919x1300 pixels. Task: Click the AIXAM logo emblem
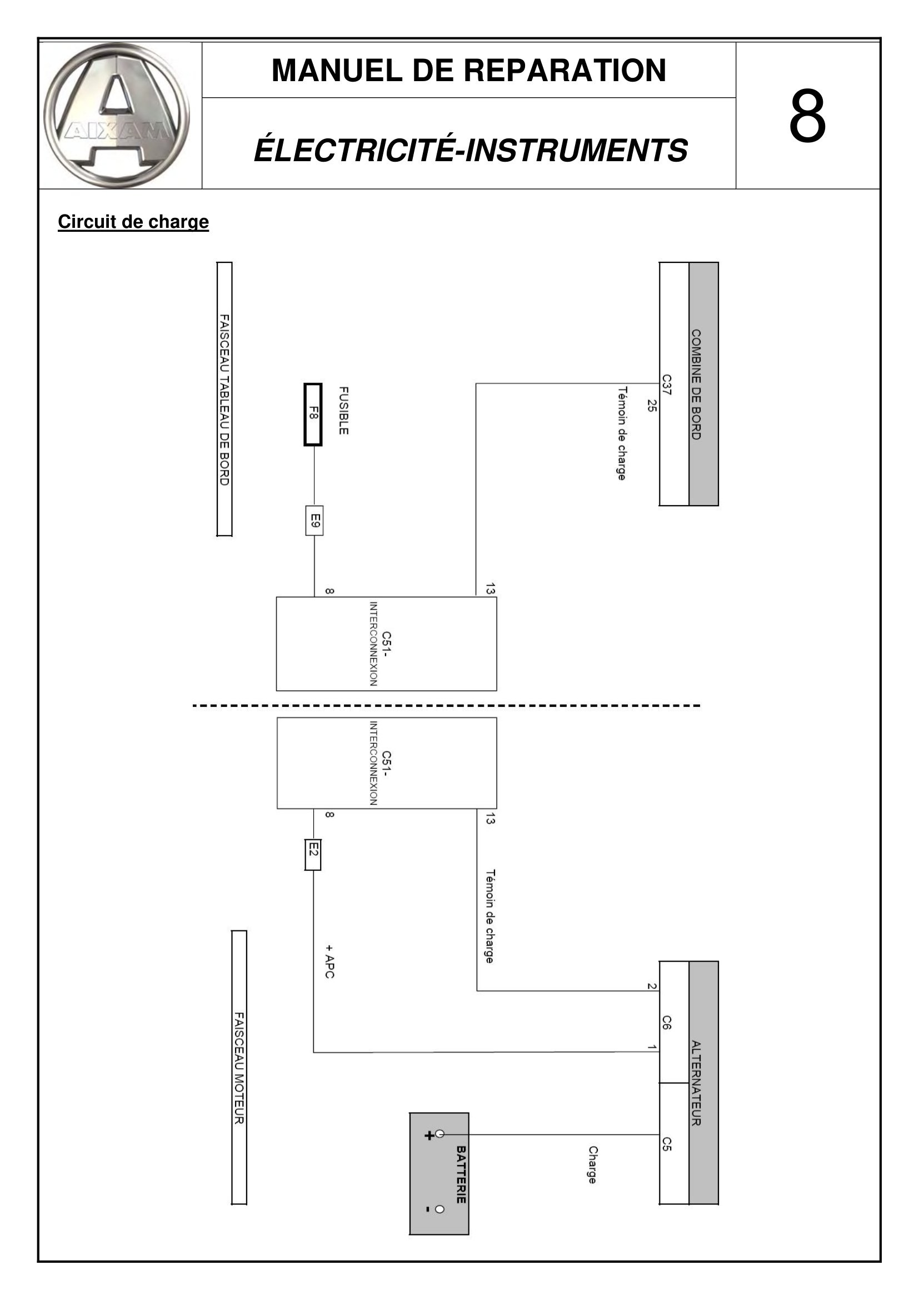pyautogui.click(x=117, y=116)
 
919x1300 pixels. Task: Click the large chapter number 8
pyautogui.click(x=807, y=117)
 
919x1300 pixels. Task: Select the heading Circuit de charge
pyautogui.click(x=133, y=221)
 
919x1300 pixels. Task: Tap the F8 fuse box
pyautogui.click(x=313, y=415)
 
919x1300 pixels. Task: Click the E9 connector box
pyautogui.click(x=314, y=520)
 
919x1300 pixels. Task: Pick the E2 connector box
pyautogui.click(x=313, y=855)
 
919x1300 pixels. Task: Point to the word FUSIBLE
pyautogui.click(x=343, y=411)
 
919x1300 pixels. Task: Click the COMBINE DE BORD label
pyautogui.click(x=696, y=385)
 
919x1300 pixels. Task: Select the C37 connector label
pyautogui.click(x=667, y=385)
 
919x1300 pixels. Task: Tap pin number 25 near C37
pyautogui.click(x=652, y=405)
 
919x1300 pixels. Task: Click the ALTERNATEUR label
pyautogui.click(x=696, y=1083)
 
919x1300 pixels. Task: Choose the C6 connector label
pyautogui.click(x=667, y=1023)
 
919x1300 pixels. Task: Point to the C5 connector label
pyautogui.click(x=667, y=1144)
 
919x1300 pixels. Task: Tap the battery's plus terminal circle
pyautogui.click(x=439, y=1134)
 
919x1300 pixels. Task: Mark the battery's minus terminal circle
pyautogui.click(x=439, y=1209)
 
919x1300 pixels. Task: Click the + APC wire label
pyautogui.click(x=330, y=962)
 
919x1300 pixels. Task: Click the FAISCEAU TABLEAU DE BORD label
pyautogui.click(x=224, y=400)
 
